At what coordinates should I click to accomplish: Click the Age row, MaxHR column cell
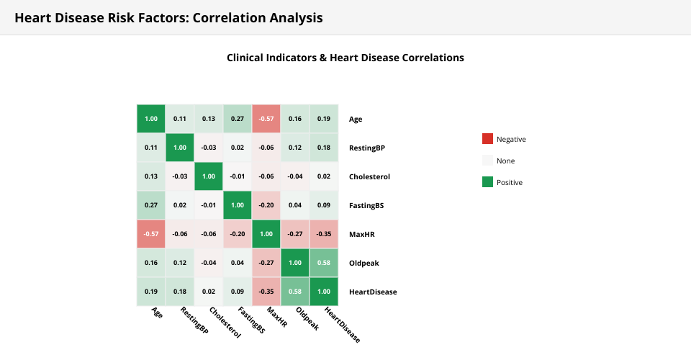pos(266,119)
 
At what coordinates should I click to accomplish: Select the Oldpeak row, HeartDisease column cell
pos(324,263)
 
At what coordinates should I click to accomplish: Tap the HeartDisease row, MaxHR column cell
pos(266,292)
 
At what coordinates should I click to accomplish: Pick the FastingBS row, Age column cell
pos(151,205)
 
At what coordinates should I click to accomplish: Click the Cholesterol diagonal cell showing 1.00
pos(209,176)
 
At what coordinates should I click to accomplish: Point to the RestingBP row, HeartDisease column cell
pos(324,148)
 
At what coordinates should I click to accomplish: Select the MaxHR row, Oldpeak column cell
pos(295,234)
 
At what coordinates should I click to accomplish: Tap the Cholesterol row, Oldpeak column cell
pos(295,176)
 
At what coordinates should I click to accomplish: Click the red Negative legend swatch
pos(487,139)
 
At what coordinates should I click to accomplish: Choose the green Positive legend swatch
pos(487,182)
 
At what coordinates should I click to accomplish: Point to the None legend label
pos(505,161)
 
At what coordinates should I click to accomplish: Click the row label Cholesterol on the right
pos(370,176)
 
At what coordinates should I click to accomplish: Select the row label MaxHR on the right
pos(361,234)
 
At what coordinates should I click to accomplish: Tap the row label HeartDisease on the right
pos(373,292)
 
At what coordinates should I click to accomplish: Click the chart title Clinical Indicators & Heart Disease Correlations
pos(345,58)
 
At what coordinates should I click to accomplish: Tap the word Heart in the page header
pos(32,17)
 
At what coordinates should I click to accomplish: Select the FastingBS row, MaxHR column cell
pos(266,205)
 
